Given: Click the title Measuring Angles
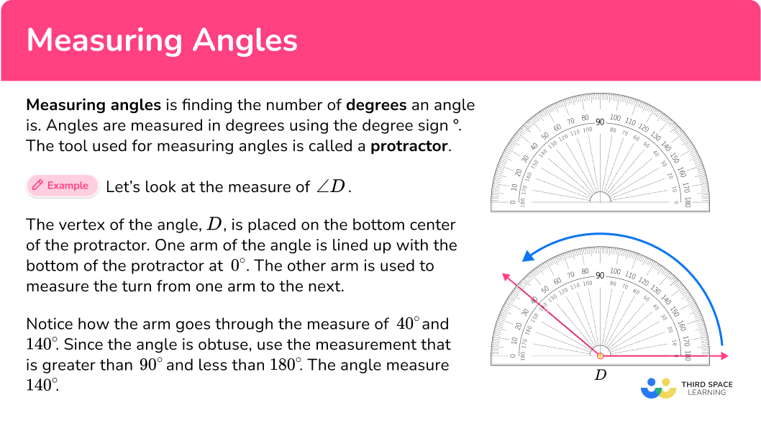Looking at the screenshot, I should tap(162, 41).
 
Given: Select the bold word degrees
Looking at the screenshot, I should tap(376, 105).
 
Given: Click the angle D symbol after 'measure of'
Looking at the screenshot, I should tap(332, 187).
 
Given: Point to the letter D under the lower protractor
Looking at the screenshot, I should tap(601, 374).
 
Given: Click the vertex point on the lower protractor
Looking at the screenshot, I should tap(601, 355).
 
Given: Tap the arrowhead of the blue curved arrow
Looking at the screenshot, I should tap(529, 255).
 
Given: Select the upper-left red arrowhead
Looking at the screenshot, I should tap(506, 276).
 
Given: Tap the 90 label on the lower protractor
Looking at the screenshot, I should tap(601, 275).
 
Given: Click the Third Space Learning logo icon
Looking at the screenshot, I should tap(658, 388).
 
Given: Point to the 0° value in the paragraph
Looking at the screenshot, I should tap(237, 266).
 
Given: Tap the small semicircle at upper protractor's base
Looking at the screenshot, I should tap(601, 199).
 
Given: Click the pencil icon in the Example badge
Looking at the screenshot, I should tap(37, 186).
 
